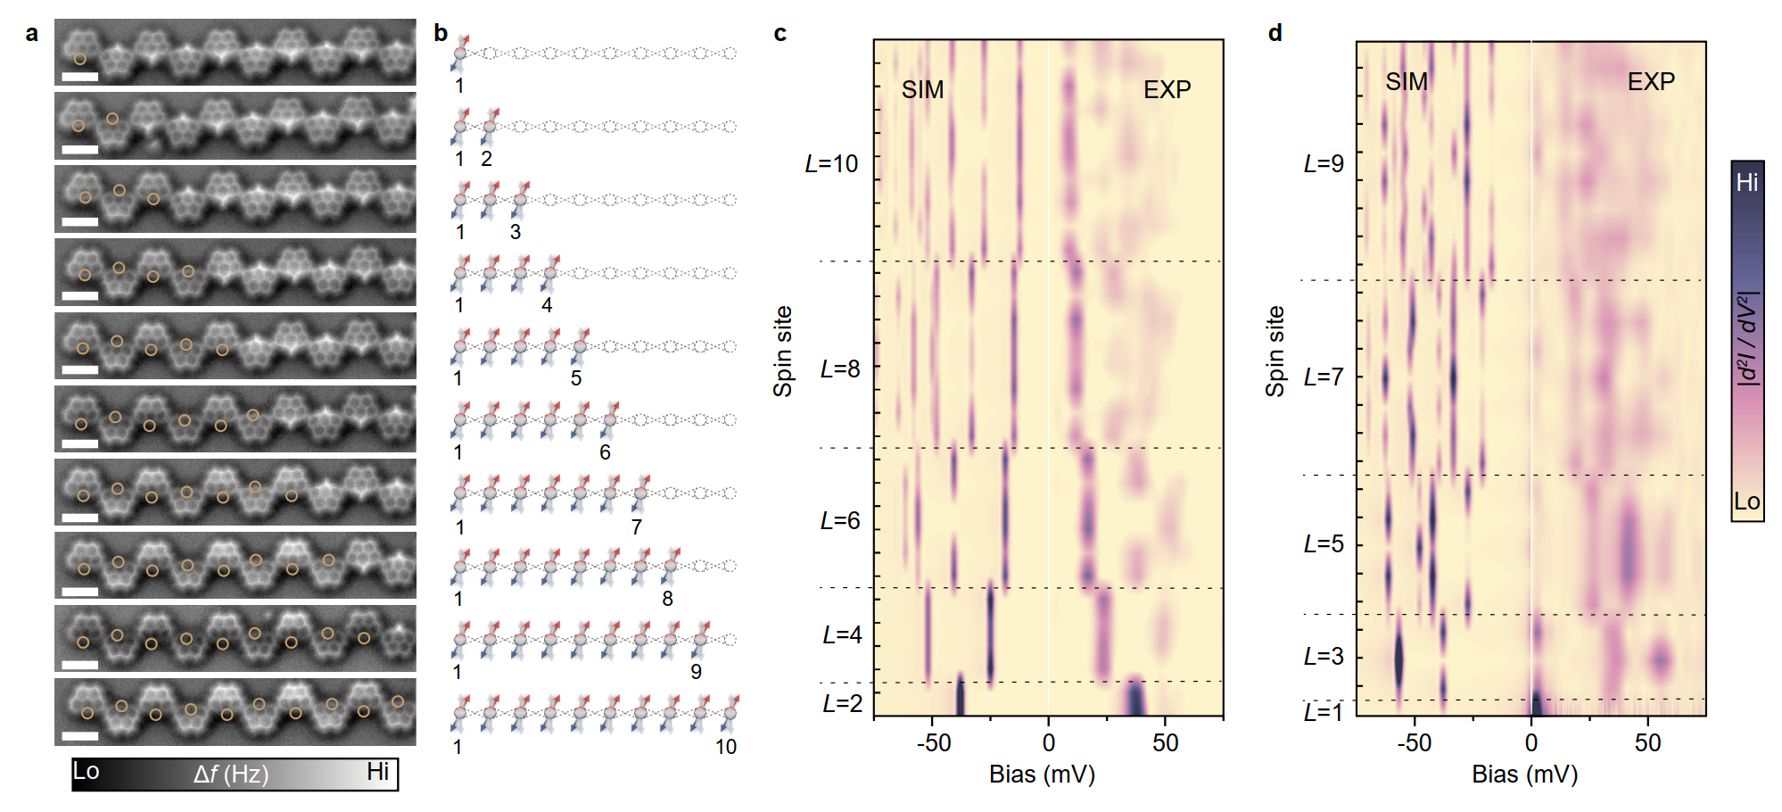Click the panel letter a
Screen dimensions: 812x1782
(x=32, y=34)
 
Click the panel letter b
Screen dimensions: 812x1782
(x=441, y=33)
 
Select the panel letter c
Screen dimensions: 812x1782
(x=780, y=34)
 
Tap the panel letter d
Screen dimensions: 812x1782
(x=1275, y=33)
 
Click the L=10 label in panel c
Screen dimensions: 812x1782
(x=831, y=164)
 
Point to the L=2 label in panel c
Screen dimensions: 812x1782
(x=842, y=704)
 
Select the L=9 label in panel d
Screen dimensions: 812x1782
(x=1324, y=164)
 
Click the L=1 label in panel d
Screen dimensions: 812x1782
(x=1324, y=712)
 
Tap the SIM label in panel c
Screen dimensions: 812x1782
(x=922, y=90)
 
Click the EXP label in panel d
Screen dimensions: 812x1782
(x=1651, y=82)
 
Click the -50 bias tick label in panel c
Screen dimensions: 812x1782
(x=934, y=743)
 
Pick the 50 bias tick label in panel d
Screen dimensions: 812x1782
(x=1647, y=743)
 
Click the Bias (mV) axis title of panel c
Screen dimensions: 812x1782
(x=1042, y=775)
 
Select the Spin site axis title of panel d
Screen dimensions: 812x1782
(x=1275, y=352)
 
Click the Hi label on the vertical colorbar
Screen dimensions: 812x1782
(x=1746, y=183)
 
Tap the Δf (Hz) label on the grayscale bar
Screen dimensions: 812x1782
(x=231, y=775)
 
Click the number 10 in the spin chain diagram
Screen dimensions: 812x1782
(x=726, y=748)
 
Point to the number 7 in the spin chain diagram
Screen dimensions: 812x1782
(x=636, y=527)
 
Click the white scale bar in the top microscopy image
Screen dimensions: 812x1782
(x=80, y=77)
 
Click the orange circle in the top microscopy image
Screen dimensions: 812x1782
(x=79, y=59)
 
